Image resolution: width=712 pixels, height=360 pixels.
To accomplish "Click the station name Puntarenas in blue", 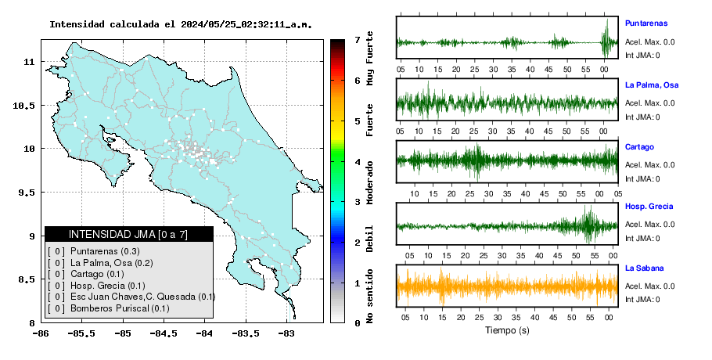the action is pos(646,23).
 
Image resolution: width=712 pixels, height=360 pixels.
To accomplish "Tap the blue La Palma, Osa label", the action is pos(652,85).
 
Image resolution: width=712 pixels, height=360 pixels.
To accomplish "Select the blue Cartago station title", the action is pos(639,147).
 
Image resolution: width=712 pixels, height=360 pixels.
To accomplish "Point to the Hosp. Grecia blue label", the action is pos(649,207).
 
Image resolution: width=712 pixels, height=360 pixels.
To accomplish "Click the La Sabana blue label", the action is pos(645,268).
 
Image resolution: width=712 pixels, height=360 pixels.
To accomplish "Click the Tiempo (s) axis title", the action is pos(507,330).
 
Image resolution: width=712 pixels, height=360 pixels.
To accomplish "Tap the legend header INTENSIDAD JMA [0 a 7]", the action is pos(128,234).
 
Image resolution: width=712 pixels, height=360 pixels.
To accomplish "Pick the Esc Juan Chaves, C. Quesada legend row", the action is pos(131,297).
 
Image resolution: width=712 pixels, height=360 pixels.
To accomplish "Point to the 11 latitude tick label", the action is pos(29,62).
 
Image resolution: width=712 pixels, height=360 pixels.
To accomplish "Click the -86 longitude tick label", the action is pos(41,333).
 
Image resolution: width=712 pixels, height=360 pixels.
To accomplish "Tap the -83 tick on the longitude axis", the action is pos(286,333).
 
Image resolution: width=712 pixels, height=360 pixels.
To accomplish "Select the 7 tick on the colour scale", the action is pos(358,40).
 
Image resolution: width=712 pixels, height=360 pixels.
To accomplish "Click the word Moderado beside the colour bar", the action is pos(369,182).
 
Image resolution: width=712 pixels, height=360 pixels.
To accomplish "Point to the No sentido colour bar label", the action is pos(369,297).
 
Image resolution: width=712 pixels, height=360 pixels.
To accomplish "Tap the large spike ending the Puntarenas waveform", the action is pos(606,38).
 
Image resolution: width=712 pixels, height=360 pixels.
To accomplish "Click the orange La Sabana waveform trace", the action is pos(507,286).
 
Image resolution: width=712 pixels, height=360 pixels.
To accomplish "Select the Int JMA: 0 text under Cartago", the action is pos(642,179).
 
